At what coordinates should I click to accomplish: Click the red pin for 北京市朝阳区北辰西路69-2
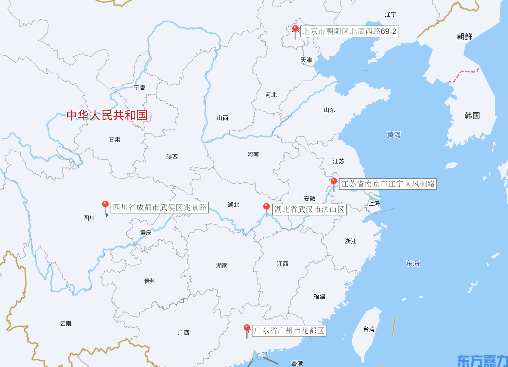coord(295,29)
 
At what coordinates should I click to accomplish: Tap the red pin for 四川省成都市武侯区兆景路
coord(105,205)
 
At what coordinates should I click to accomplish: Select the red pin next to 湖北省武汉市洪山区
coord(267,207)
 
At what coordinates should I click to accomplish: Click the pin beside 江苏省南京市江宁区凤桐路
coord(334,181)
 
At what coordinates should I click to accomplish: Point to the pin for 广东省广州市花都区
coord(247,328)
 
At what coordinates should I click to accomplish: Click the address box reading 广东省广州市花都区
coord(289,331)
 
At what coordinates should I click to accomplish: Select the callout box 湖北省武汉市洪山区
coord(309,210)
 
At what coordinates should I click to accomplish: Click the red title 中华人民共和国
coord(107,115)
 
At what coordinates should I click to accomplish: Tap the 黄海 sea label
coord(394,135)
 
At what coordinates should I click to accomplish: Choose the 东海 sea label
coord(412,263)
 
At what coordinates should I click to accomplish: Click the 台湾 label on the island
coord(369,329)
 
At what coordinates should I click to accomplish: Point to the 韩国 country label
coord(472,116)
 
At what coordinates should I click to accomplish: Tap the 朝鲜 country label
coord(464,37)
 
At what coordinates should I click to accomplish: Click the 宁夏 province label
coord(140,87)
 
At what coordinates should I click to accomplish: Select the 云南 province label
coord(65,323)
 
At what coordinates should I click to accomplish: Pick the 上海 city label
coord(375,203)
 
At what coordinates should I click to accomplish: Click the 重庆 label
coord(146,233)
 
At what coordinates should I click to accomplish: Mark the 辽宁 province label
coord(391,14)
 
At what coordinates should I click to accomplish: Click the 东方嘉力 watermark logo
coord(482,360)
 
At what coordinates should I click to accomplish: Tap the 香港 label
coord(297,363)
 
